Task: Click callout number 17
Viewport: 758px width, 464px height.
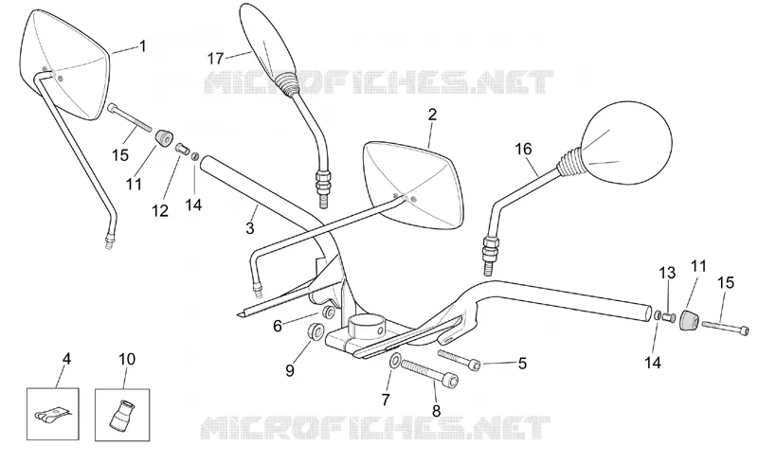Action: (x=216, y=59)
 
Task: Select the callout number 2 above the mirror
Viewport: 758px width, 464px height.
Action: (x=432, y=115)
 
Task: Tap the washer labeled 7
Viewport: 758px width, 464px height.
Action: (x=395, y=360)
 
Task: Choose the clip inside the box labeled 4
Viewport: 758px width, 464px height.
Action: (x=52, y=416)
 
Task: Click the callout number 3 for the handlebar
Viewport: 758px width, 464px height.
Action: (x=250, y=227)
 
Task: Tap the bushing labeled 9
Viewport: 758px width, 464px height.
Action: (x=316, y=331)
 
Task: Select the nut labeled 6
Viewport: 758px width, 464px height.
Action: (x=329, y=312)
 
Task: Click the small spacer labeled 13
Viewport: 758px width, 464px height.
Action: (x=669, y=317)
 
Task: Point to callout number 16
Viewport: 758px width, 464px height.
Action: (x=524, y=149)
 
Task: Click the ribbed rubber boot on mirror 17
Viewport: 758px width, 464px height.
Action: (x=286, y=81)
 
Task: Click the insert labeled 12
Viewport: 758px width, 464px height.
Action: (x=182, y=148)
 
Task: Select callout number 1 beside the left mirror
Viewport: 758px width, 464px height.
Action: (x=142, y=45)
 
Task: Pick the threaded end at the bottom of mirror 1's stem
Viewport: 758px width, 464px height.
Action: (x=111, y=241)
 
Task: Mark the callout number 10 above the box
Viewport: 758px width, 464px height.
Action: (x=127, y=359)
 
